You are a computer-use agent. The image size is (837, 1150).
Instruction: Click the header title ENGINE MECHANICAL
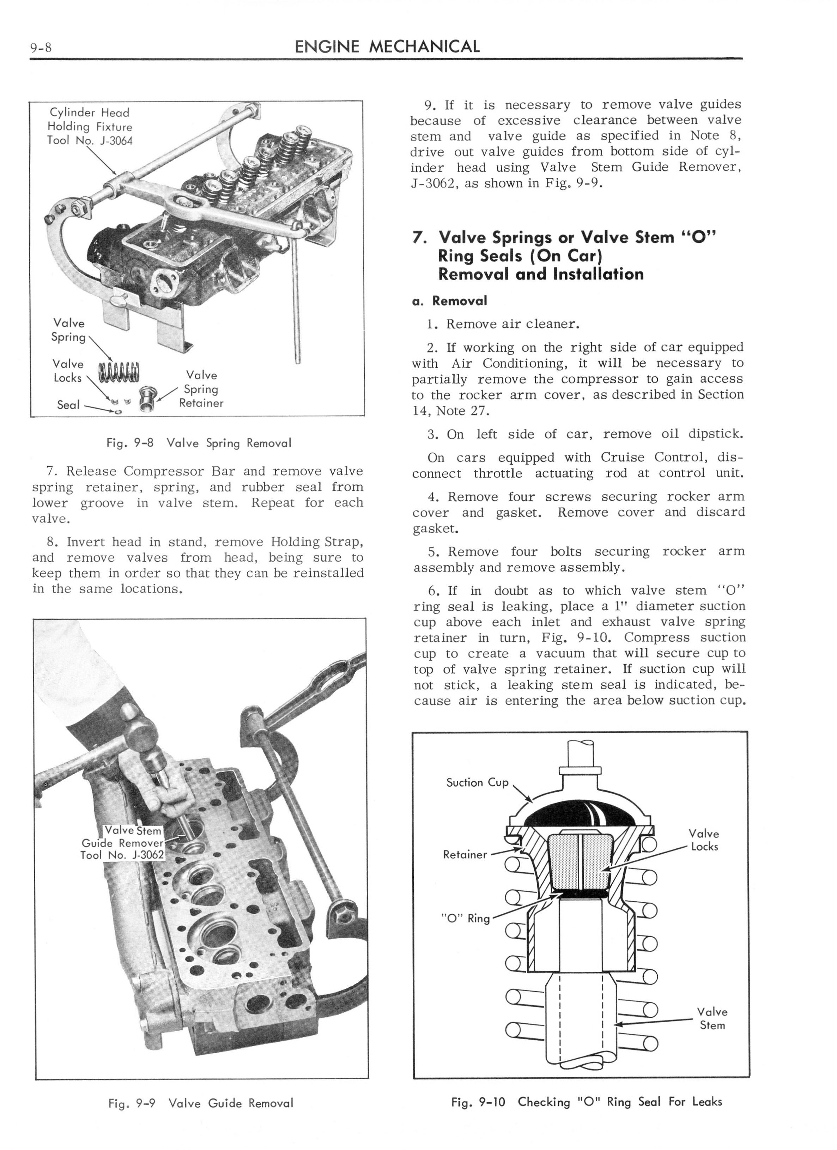(387, 47)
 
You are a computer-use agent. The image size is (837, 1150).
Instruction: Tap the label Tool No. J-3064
(90, 140)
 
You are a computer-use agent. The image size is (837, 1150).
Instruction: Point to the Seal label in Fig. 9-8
(68, 405)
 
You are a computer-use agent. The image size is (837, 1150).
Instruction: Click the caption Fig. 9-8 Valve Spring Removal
(199, 443)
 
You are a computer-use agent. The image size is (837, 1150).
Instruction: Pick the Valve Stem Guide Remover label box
(123, 843)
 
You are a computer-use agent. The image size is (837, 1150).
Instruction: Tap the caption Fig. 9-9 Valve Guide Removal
(201, 1103)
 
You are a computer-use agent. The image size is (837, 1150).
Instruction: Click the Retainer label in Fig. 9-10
(465, 854)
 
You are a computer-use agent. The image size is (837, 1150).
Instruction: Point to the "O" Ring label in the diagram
(465, 918)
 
